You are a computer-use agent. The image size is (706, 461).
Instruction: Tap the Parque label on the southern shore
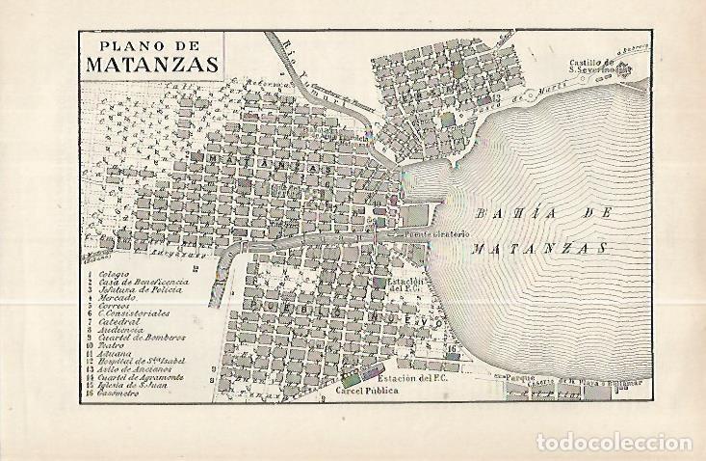click(x=507, y=378)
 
